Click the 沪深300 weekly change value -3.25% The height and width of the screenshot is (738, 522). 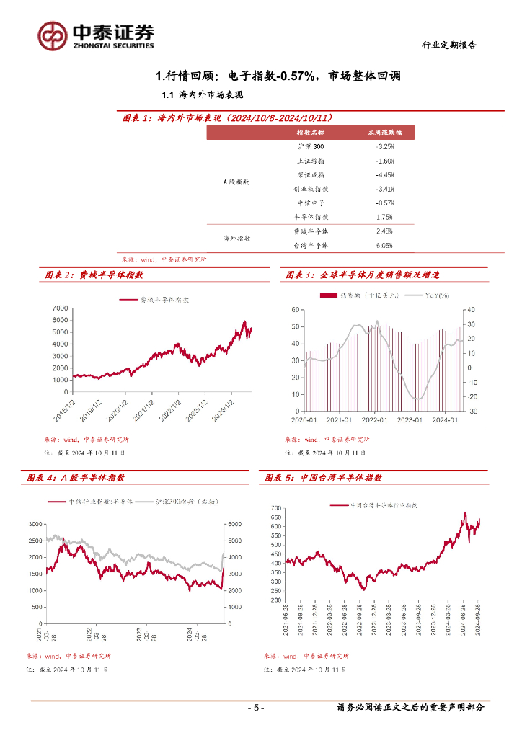[384, 146]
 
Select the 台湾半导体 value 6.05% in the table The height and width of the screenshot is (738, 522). [384, 245]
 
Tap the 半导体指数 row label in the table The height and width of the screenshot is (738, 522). [311, 216]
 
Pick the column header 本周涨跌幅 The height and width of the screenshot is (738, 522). [384, 133]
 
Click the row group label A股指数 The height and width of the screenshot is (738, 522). [235, 182]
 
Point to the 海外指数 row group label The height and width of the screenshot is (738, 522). [235, 238]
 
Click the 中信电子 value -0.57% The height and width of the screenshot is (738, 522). [384, 203]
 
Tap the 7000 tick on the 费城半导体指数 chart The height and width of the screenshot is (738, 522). [60, 309]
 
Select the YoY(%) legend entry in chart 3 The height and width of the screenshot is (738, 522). [437, 295]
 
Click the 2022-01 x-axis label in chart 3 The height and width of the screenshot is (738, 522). [374, 419]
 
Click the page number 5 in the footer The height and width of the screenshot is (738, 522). [255, 708]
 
